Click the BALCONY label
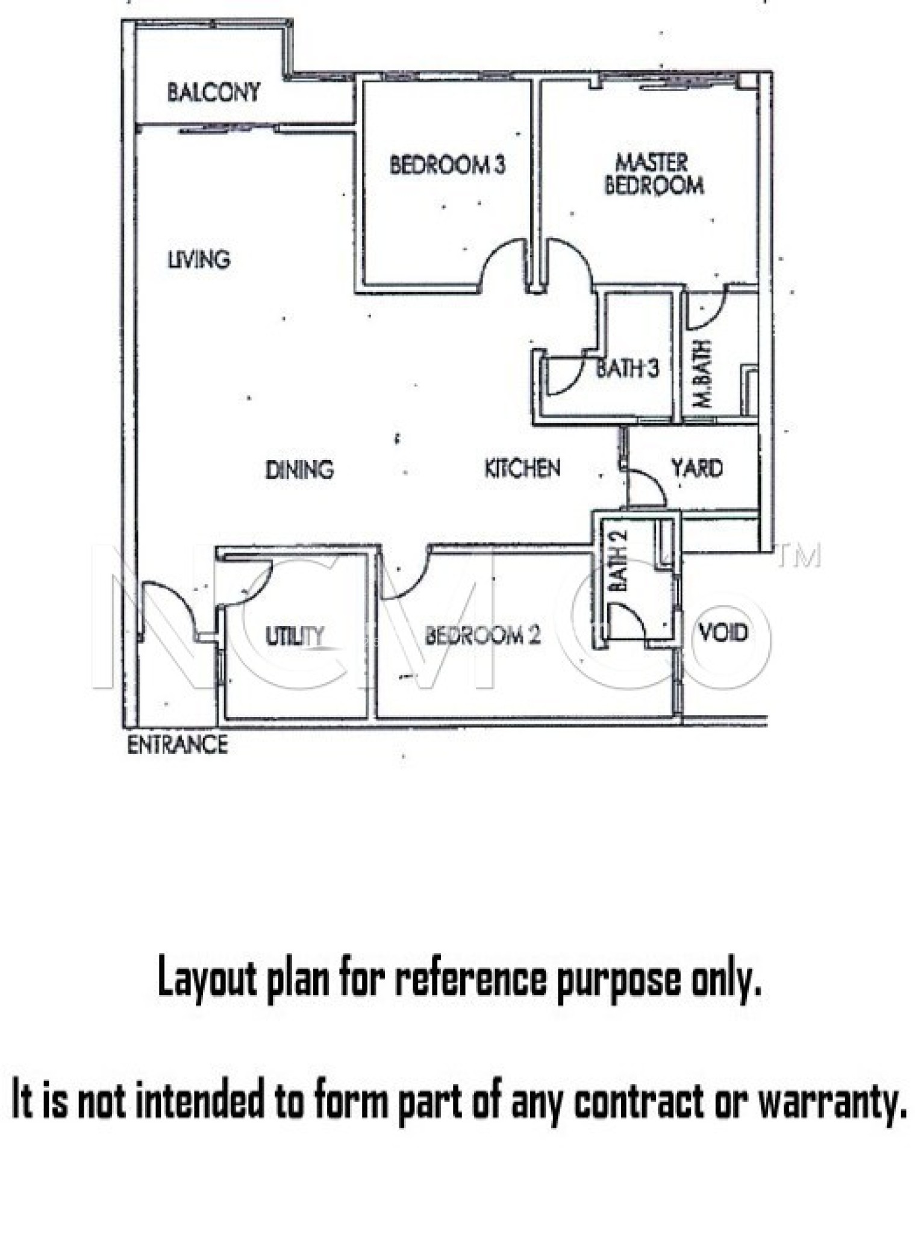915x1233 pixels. point(214,92)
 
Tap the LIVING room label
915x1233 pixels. point(199,259)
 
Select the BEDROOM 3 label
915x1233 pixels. point(447,165)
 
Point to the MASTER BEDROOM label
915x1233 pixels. point(654,174)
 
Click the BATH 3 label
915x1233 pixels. point(627,368)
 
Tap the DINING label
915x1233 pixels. point(299,470)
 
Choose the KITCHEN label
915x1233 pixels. point(522,468)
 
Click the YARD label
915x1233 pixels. point(697,468)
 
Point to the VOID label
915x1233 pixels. point(723,632)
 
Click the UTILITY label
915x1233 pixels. point(295,636)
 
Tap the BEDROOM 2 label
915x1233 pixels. point(482,635)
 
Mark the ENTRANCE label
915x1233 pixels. point(177,745)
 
